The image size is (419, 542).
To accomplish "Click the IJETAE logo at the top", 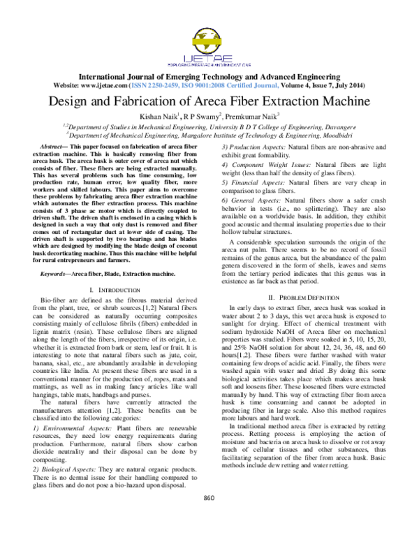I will [209, 45].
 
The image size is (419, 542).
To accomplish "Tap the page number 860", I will [208, 518].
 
